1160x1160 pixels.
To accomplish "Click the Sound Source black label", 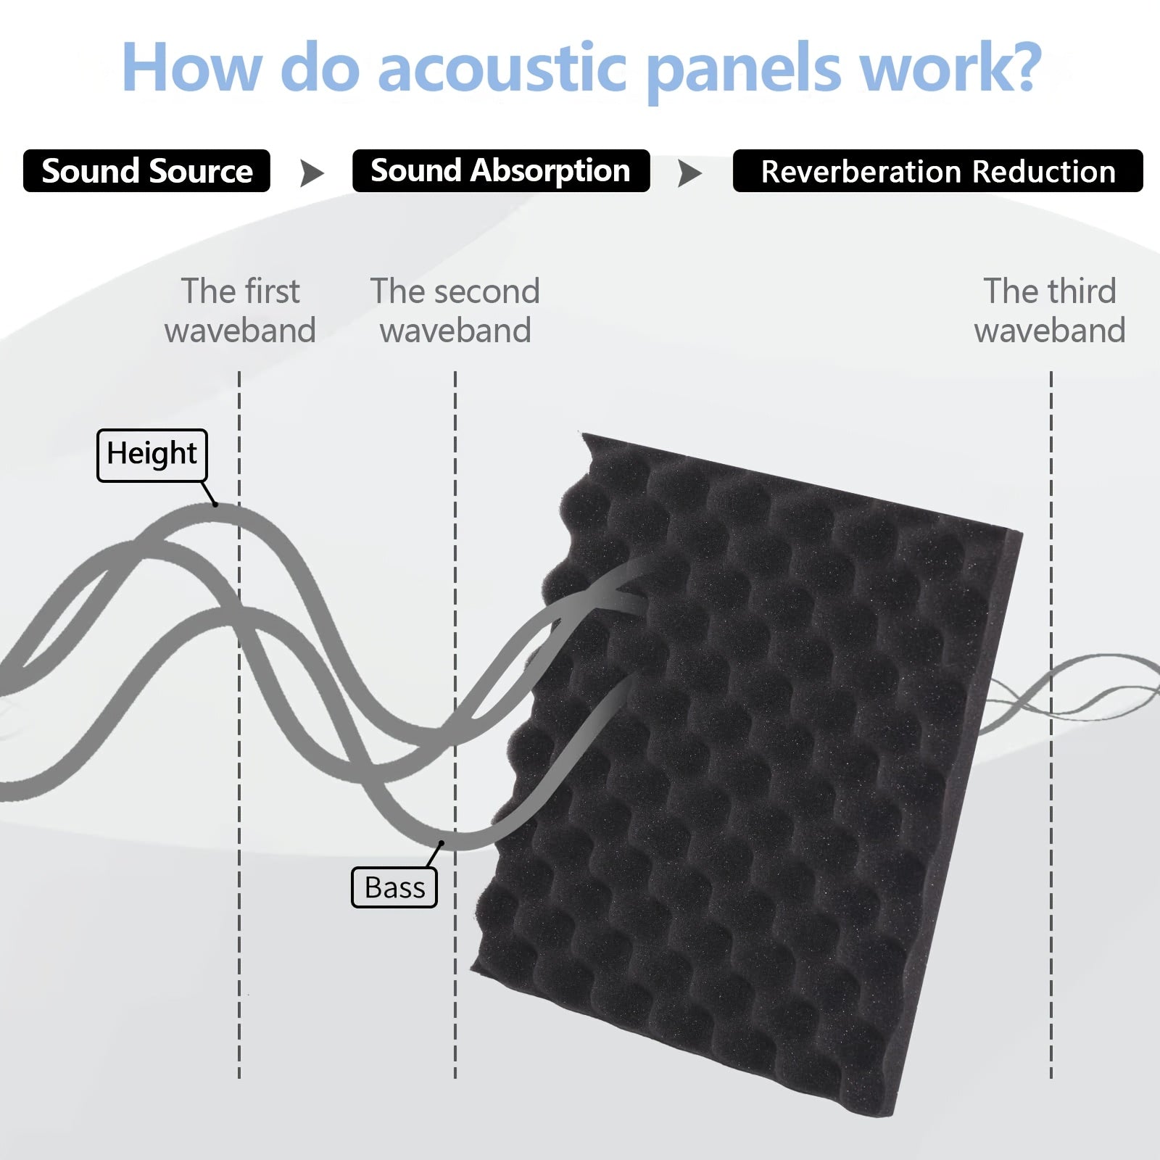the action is [x=146, y=171].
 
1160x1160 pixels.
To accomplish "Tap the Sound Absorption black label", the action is [x=501, y=171].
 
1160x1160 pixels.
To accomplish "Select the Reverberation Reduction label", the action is [x=937, y=171].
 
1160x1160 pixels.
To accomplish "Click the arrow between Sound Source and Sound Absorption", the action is [x=312, y=173].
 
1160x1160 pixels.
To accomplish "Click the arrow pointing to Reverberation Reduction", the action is [x=689, y=173].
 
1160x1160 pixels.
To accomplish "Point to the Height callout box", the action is [x=152, y=455].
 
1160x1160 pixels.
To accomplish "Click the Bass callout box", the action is [x=394, y=887].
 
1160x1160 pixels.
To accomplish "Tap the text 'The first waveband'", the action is [x=240, y=310].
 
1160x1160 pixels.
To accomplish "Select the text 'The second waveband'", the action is [x=455, y=310].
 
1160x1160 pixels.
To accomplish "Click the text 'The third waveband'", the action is [x=1050, y=310].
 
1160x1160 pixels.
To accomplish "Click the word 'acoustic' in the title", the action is [x=502, y=67].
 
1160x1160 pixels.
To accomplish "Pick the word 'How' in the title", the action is [x=191, y=67].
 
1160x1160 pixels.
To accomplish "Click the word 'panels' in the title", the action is [x=742, y=71].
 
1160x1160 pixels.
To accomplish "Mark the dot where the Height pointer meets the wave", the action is [x=215, y=505].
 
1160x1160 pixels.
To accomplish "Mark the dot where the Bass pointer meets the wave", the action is [x=442, y=842].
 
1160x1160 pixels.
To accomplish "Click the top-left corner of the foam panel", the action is [x=582, y=434].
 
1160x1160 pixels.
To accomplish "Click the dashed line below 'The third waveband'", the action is [x=1051, y=725].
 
